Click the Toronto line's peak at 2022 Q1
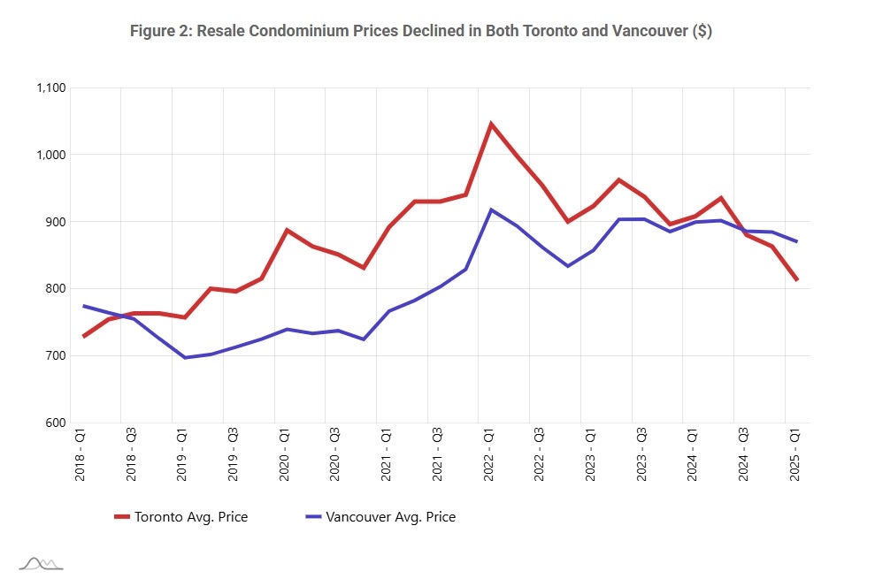[491, 124]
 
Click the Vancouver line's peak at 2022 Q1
[491, 210]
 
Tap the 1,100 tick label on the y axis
[51, 88]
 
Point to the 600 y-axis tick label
[57, 423]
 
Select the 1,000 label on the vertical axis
[51, 155]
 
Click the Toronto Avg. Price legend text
[190, 516]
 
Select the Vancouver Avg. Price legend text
[390, 516]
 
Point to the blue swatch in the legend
[313, 516]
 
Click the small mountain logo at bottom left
[41, 563]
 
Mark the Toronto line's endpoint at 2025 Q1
[797, 280]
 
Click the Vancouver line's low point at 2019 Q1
[185, 358]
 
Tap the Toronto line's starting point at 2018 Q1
[83, 337]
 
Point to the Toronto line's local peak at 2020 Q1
[287, 230]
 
